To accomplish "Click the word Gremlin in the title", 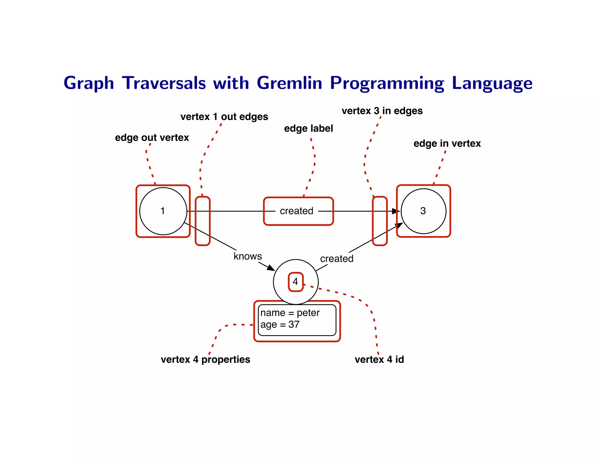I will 289,83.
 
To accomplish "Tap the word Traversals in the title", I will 164,83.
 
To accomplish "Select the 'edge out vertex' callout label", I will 152,138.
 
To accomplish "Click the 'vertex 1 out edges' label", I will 224,117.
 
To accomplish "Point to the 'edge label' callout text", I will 308,129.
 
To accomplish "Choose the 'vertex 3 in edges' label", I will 382,111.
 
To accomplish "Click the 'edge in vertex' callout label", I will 447,144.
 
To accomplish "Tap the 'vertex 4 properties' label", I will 205,360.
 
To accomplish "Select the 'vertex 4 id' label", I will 379,360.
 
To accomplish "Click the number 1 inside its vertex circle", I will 163,211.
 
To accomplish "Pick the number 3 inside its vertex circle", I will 423,211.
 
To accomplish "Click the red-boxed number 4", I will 295,282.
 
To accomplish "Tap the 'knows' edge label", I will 248,256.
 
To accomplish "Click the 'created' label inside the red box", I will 297,211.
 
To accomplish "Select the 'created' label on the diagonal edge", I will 337,259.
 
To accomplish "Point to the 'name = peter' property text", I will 290,313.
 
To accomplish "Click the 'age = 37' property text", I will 280,325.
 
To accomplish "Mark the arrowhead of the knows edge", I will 271,268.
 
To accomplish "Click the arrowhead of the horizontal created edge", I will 396,211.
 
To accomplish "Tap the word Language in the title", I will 492,83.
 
